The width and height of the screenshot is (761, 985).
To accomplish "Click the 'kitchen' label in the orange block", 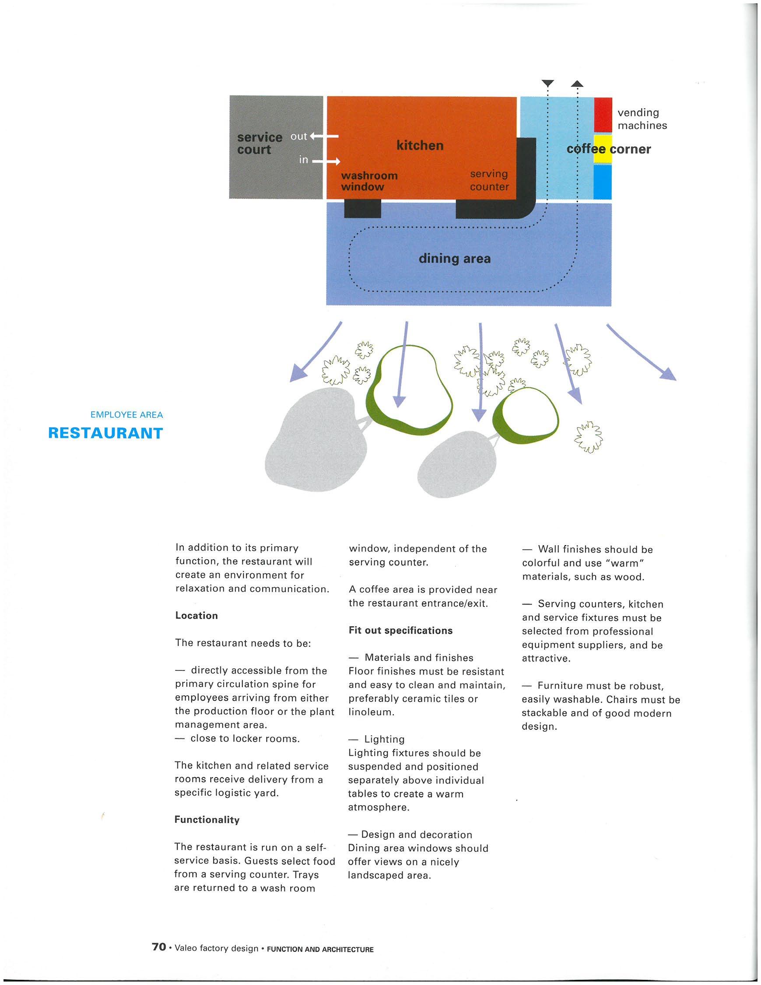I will tap(420, 146).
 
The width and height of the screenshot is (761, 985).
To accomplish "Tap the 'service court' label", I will tap(260, 144).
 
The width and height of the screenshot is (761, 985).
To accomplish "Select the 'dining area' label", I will tap(454, 259).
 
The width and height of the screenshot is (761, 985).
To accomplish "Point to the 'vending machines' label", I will tap(642, 119).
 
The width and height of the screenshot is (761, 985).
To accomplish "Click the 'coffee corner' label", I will tap(609, 149).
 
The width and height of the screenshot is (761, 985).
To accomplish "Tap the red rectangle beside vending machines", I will tap(603, 115).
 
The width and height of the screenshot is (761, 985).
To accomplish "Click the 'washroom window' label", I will tap(369, 181).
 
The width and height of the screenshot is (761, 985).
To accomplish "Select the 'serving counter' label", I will tap(489, 180).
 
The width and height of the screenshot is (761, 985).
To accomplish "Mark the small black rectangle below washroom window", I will tap(362, 208).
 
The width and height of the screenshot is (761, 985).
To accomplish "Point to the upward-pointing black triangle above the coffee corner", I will tap(577, 84).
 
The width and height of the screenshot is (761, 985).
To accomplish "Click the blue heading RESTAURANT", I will tap(105, 433).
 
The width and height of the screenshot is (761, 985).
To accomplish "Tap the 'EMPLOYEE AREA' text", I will tap(127, 415).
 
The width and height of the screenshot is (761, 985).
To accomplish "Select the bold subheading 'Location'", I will tap(196, 616).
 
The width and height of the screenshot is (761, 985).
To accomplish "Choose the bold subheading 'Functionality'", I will tap(207, 820).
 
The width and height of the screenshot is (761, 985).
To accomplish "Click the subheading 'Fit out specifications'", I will tap(400, 631).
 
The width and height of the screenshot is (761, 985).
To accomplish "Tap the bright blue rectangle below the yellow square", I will tap(602, 181).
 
